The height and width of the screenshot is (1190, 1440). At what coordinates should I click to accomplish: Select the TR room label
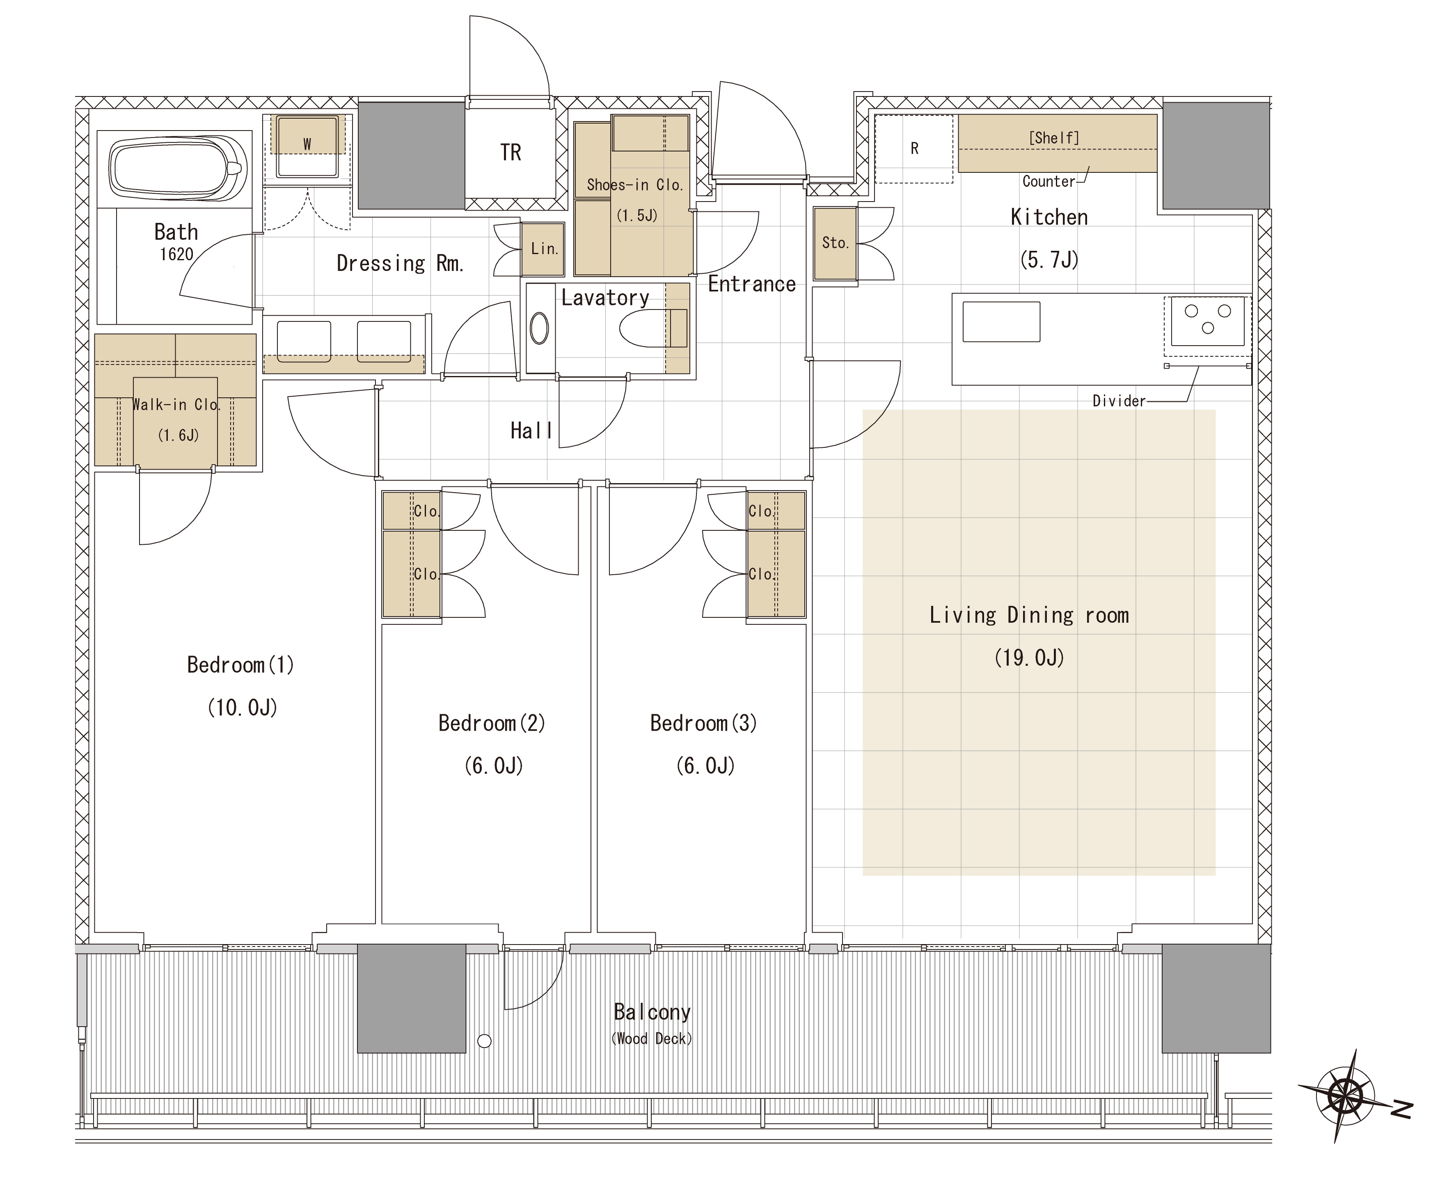[511, 152]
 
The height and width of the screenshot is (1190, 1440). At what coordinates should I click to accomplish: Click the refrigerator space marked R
[913, 149]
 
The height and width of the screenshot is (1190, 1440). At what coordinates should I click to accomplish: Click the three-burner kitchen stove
[1208, 321]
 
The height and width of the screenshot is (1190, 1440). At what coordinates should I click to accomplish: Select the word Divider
[1119, 401]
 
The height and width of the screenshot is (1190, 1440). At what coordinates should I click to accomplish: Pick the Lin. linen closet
[543, 249]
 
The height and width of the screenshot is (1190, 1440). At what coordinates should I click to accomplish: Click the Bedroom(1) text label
[240, 665]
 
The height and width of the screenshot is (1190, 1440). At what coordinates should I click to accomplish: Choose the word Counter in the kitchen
[1049, 182]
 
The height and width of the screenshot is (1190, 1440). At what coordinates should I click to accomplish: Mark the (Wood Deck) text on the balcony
[652, 1039]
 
